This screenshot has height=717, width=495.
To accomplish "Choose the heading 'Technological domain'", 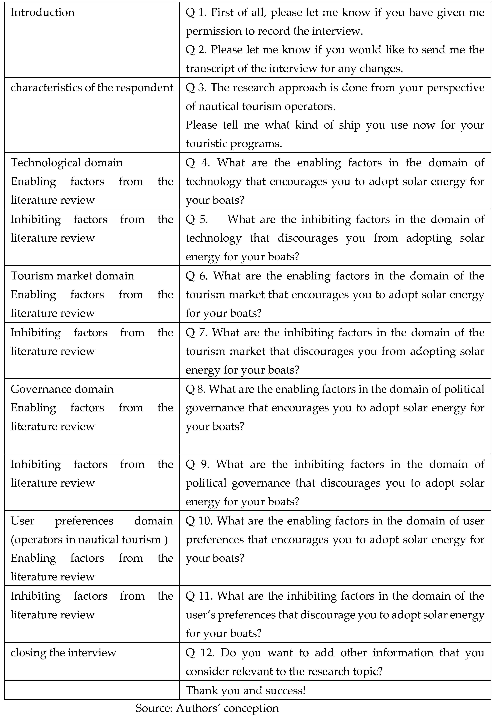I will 67,163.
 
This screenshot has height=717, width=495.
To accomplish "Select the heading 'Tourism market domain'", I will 72,276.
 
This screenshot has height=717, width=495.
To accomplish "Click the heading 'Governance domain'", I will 62,389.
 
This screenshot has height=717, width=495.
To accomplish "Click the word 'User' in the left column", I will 22,521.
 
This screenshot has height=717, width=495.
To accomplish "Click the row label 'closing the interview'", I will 63,653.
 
